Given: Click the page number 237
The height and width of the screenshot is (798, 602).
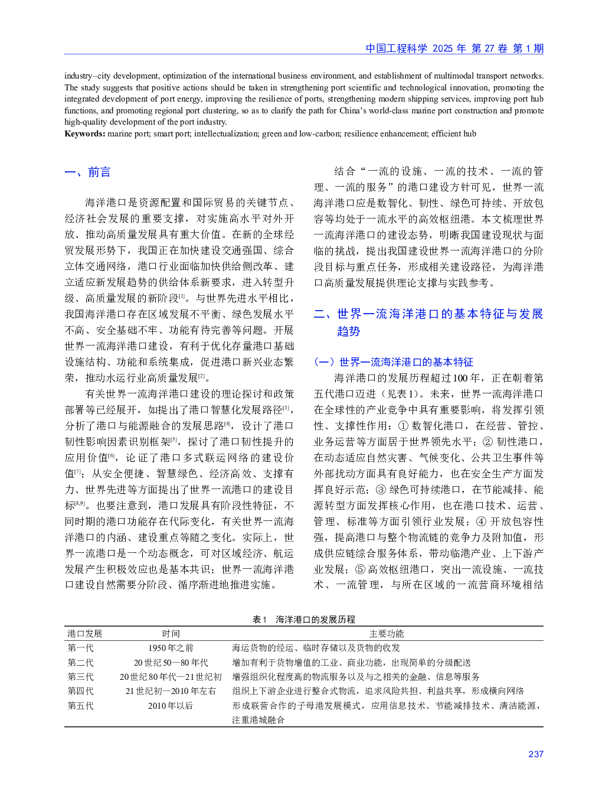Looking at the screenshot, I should coord(535,754).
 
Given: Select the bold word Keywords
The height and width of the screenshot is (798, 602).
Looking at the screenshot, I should coord(84,133).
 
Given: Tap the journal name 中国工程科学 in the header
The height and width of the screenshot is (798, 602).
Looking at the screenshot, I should coord(396,48).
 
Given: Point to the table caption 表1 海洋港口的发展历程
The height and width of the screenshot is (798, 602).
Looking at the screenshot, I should coord(303,619).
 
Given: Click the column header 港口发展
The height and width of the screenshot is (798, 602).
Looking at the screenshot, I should coord(84,633).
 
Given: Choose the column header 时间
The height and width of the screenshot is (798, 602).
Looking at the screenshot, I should coord(171,633).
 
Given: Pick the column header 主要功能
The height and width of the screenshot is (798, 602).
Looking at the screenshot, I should coord(387,633).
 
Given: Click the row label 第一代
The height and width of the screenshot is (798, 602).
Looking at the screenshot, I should coord(80,647).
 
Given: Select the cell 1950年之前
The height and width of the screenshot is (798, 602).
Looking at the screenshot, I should coord(171,647).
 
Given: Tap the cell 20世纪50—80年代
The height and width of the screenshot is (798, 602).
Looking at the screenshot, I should coord(171,662).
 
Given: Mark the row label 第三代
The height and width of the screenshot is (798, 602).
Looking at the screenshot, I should coord(80,676).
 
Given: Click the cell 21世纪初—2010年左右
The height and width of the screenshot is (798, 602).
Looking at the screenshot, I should coord(171,690).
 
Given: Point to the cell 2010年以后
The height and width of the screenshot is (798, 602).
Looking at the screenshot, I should coord(171,705).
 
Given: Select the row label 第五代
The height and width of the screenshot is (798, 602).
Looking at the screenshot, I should coord(80,705).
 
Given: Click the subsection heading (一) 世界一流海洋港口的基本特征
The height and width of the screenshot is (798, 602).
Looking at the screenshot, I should coord(394,361).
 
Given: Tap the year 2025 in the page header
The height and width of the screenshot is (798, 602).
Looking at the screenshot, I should coord(442,48).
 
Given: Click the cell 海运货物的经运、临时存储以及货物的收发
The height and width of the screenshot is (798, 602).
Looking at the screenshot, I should coord(316,647).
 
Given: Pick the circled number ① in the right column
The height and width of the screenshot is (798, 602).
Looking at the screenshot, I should coord(403,425).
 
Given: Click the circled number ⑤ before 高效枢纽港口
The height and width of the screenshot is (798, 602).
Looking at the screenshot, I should coord(360,569).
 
